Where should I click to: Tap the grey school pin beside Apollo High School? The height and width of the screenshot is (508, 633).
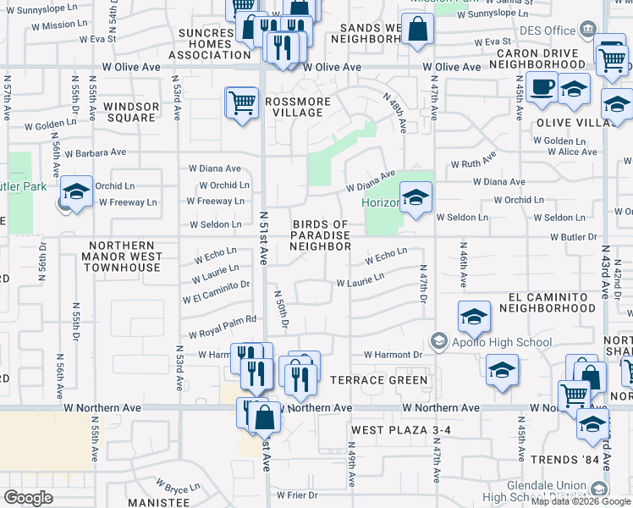438,342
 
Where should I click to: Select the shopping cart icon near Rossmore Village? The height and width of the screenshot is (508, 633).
242,103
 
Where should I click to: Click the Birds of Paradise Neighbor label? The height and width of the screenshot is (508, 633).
320,235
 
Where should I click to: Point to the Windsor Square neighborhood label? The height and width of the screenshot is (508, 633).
131,113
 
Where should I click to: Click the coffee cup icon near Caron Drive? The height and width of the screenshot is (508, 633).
542,86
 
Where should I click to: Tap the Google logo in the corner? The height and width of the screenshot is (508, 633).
28,497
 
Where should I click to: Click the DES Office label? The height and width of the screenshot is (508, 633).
547,31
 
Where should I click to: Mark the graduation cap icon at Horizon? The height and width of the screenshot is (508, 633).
416,198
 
